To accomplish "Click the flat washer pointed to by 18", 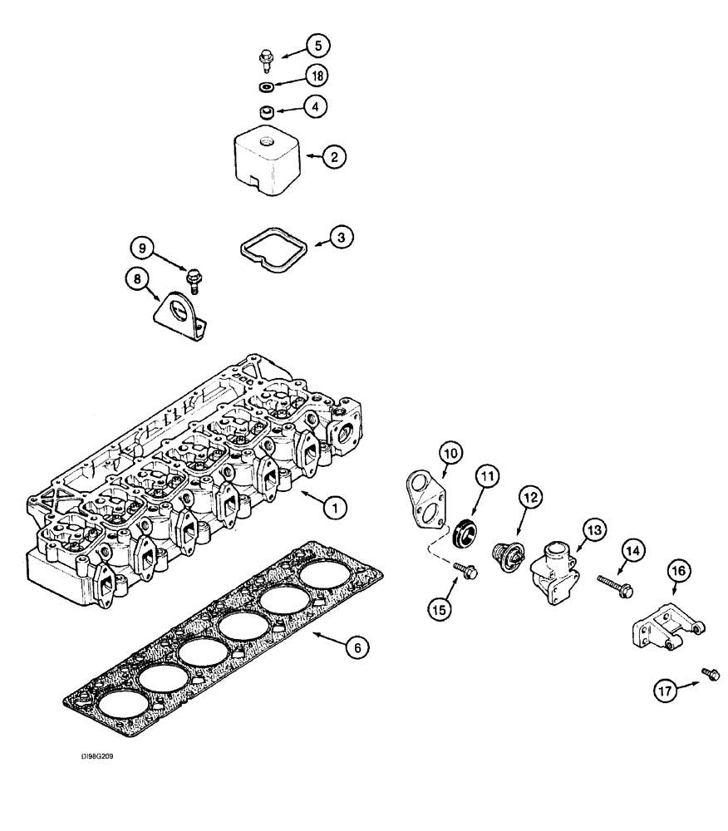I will point(266,87).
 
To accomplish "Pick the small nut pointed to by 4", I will point(266,112).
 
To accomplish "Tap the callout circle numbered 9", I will point(142,247).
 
